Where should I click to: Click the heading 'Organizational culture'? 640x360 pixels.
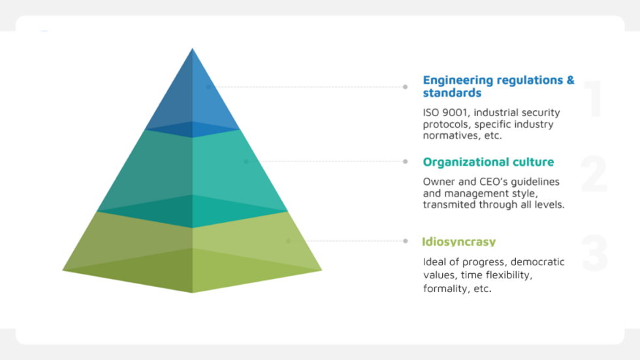tap(488, 162)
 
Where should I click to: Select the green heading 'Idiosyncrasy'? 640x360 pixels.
tap(458, 242)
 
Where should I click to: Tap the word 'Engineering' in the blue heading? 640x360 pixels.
tap(457, 80)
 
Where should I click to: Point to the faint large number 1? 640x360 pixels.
tap(594, 99)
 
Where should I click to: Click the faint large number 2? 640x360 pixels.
tap(594, 174)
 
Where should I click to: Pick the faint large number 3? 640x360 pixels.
tap(595, 253)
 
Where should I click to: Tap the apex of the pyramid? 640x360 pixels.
tap(192, 48)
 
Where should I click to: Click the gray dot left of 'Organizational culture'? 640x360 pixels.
tap(406, 161)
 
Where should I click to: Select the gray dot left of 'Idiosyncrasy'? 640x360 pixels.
tap(406, 241)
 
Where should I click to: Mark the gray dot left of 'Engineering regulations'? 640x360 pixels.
tap(406, 87)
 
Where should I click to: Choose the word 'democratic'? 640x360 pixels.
tap(537, 261)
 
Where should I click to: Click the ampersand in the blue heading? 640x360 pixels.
tap(570, 80)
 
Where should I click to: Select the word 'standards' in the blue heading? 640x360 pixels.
tap(452, 93)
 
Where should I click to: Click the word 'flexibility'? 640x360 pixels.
tap(511, 275)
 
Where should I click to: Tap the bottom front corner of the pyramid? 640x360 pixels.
tap(192, 292)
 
